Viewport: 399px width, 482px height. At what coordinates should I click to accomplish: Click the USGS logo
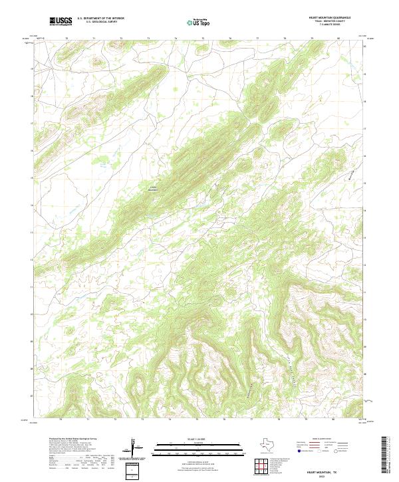tap(61, 22)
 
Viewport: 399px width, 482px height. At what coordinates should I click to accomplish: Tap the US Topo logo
tap(200, 22)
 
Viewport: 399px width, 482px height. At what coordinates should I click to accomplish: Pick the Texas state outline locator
tap(271, 443)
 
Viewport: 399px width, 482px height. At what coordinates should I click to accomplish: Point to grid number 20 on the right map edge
tap(364, 46)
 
